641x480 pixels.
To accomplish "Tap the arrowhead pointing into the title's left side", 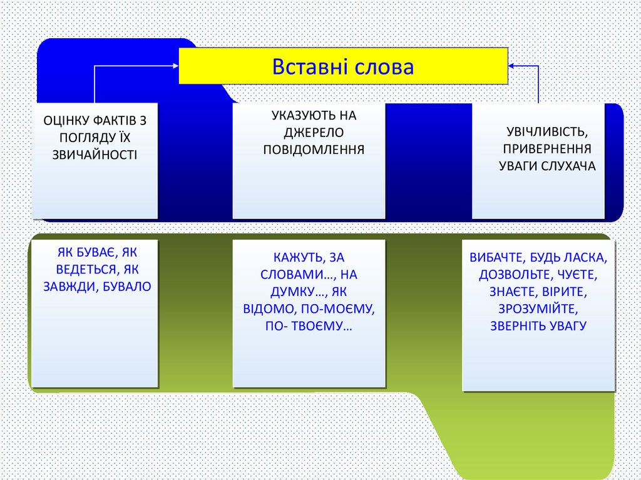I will point(175,64).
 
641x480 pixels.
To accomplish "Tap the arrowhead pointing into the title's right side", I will point(512,65).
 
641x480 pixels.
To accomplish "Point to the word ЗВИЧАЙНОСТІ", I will point(95,153).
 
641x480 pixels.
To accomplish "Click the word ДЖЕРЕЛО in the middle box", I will point(309,133).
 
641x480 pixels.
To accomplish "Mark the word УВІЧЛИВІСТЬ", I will point(546,133).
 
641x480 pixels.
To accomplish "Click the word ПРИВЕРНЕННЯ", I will point(547,150).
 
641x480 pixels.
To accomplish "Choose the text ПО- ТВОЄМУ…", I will point(309,326).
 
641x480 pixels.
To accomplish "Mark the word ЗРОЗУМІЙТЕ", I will point(538,309).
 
